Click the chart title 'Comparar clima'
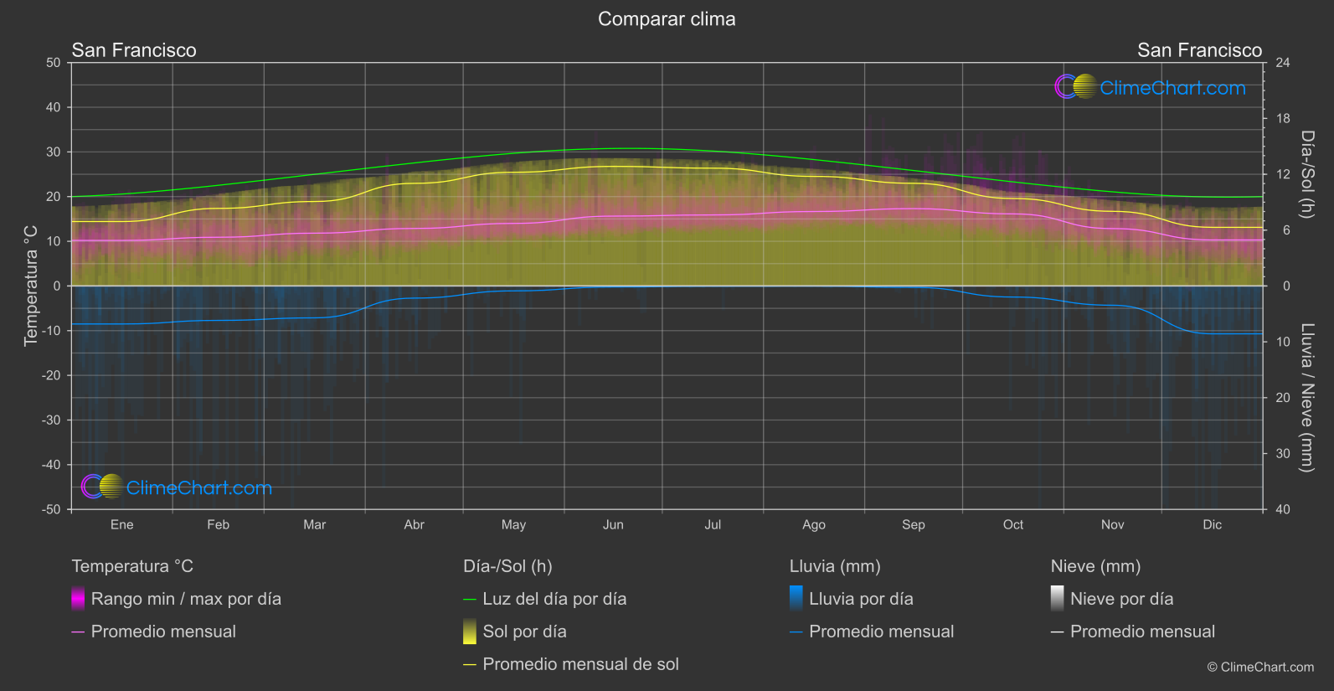(667, 19)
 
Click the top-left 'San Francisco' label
(134, 50)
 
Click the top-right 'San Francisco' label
(1199, 50)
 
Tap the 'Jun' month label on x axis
(613, 525)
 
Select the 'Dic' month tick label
(1212, 525)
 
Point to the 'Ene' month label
(122, 525)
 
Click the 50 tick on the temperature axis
(54, 63)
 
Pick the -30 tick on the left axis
(51, 420)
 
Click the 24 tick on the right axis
(1282, 63)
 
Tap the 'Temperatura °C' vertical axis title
(31, 285)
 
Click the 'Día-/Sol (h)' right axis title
(1307, 174)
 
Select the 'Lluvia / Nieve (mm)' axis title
(1307, 397)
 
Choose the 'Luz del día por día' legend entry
(554, 599)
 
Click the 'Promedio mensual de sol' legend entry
(580, 664)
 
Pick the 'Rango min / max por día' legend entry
(186, 599)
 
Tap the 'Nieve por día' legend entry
(1121, 599)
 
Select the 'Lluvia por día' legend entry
(861, 599)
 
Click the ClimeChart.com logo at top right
(1151, 87)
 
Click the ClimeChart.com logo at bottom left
(177, 487)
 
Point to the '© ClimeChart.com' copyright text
(1260, 668)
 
